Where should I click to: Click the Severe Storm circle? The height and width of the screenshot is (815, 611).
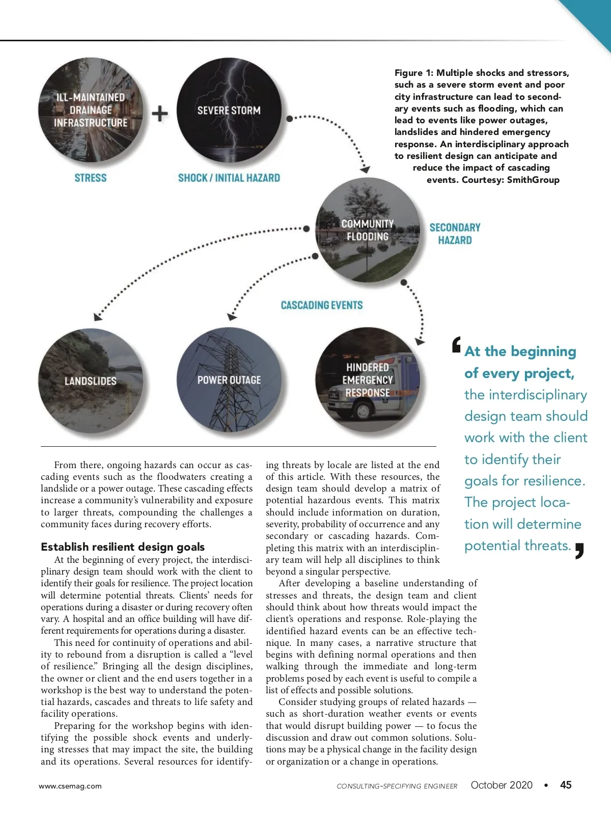229,110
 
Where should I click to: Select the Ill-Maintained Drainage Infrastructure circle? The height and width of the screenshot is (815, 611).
91,110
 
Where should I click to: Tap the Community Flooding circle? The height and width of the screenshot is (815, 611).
367,230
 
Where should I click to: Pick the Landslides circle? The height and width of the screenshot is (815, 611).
91,381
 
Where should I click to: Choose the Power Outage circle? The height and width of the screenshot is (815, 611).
229,381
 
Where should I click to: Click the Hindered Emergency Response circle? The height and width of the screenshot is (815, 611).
368,381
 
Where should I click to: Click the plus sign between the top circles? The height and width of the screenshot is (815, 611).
160,113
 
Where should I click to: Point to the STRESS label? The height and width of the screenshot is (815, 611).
91,178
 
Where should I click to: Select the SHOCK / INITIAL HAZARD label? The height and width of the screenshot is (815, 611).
229,178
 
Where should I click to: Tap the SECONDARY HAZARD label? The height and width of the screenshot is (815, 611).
455,234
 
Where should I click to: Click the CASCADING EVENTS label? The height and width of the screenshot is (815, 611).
322,305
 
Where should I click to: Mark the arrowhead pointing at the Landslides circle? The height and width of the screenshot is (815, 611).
98,316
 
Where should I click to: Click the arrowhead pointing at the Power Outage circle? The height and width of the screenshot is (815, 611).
232,316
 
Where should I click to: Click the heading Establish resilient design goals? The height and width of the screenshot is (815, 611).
123,547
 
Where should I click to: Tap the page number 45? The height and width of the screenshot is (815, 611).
566,785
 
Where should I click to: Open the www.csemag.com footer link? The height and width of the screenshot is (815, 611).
70,786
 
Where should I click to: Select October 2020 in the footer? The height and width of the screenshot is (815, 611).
502,785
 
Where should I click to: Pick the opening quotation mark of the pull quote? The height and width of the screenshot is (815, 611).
457,344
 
